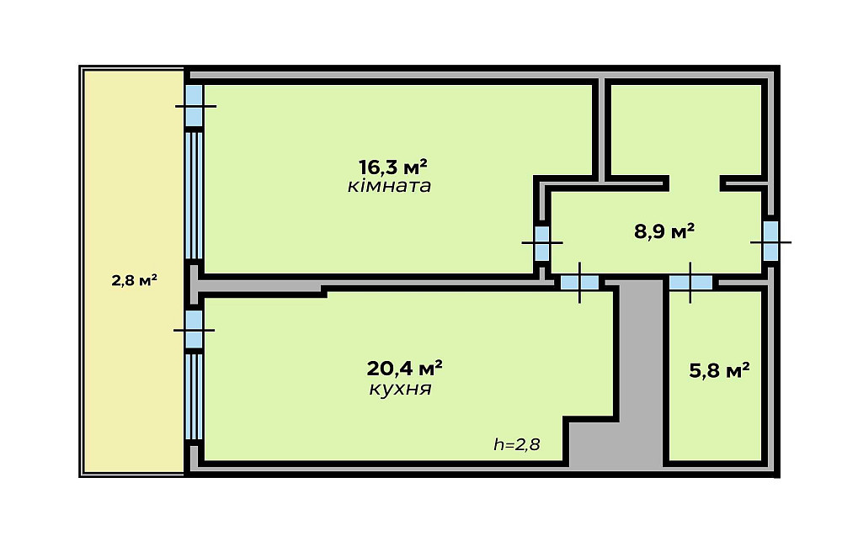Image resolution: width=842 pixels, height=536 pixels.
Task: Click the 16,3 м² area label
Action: pyautogui.click(x=393, y=167)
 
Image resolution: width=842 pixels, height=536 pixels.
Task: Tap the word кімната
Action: pyautogui.click(x=389, y=186)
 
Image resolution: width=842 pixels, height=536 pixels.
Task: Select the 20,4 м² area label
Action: pyautogui.click(x=404, y=369)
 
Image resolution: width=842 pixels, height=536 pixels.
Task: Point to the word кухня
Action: pyautogui.click(x=400, y=389)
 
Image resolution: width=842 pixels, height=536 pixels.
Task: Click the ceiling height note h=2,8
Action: pyautogui.click(x=517, y=444)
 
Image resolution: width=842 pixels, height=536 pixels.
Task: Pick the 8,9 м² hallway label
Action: pyautogui.click(x=664, y=231)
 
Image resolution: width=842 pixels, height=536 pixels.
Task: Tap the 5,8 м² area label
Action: pyautogui.click(x=720, y=370)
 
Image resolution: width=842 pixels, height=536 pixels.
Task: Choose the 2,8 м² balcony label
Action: pyautogui.click(x=134, y=280)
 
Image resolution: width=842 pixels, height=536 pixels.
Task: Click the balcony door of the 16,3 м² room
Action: pyautogui.click(x=195, y=106)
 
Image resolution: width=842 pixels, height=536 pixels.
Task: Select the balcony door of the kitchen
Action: pyautogui.click(x=194, y=330)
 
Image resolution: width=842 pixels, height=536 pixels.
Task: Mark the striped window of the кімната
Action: pyautogui.click(x=194, y=196)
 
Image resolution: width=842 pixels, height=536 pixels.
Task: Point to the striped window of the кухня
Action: pyautogui.click(x=194, y=396)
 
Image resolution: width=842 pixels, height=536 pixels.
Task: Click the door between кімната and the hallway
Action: pyautogui.click(x=542, y=243)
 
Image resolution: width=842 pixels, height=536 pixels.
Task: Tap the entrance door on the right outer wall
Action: pyautogui.click(x=771, y=241)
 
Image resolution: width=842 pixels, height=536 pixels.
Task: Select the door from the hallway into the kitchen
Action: pyautogui.click(x=580, y=282)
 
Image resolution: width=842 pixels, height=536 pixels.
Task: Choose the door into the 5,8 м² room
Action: pyautogui.click(x=690, y=282)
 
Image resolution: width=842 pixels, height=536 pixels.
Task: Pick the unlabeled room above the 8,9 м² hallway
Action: pyautogui.click(x=686, y=130)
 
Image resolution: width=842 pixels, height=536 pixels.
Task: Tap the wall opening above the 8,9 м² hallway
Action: pyautogui.click(x=695, y=183)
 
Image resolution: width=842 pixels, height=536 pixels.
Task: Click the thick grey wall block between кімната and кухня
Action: pyautogui.click(x=258, y=284)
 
